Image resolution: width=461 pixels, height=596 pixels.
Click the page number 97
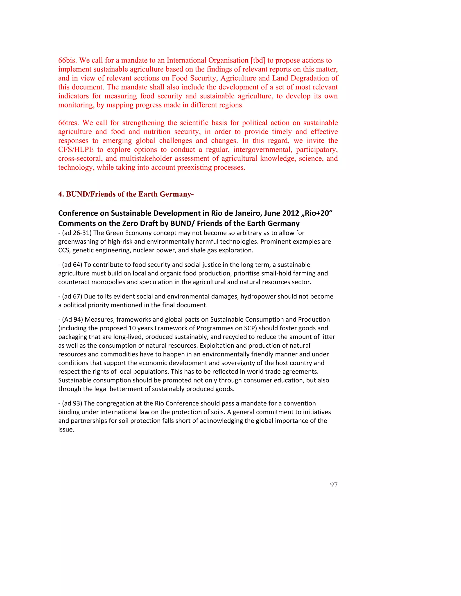coord(334,484)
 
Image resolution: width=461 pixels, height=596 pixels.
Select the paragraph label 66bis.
coord(68,60)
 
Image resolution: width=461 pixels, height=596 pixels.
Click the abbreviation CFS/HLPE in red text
coord(76,150)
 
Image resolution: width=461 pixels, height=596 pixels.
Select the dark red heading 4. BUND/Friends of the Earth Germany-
coord(126,194)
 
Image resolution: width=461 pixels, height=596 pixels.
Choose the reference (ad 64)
coord(72,265)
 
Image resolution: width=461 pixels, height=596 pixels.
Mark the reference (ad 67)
coord(72,296)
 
